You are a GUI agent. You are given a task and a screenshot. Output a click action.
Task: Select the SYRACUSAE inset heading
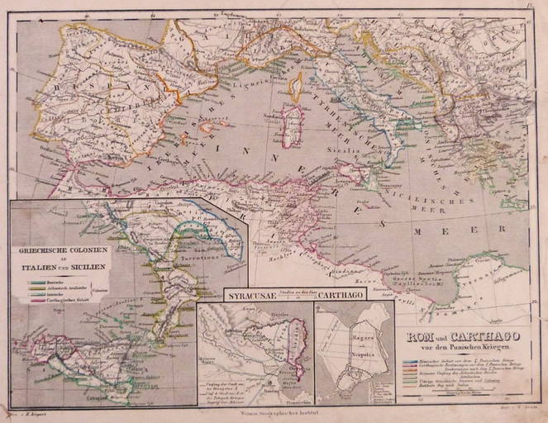(251, 293)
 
